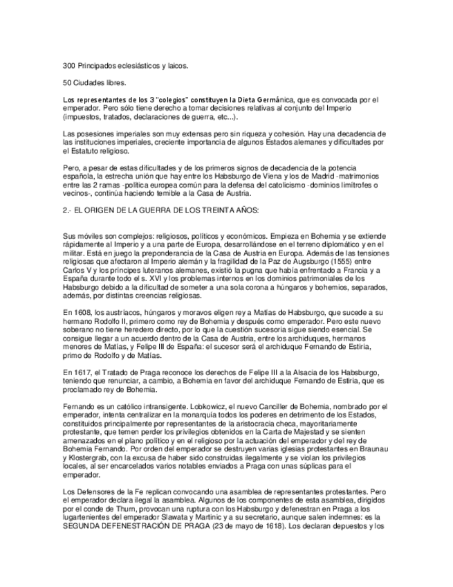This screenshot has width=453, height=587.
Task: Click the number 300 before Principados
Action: [x=68, y=66]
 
